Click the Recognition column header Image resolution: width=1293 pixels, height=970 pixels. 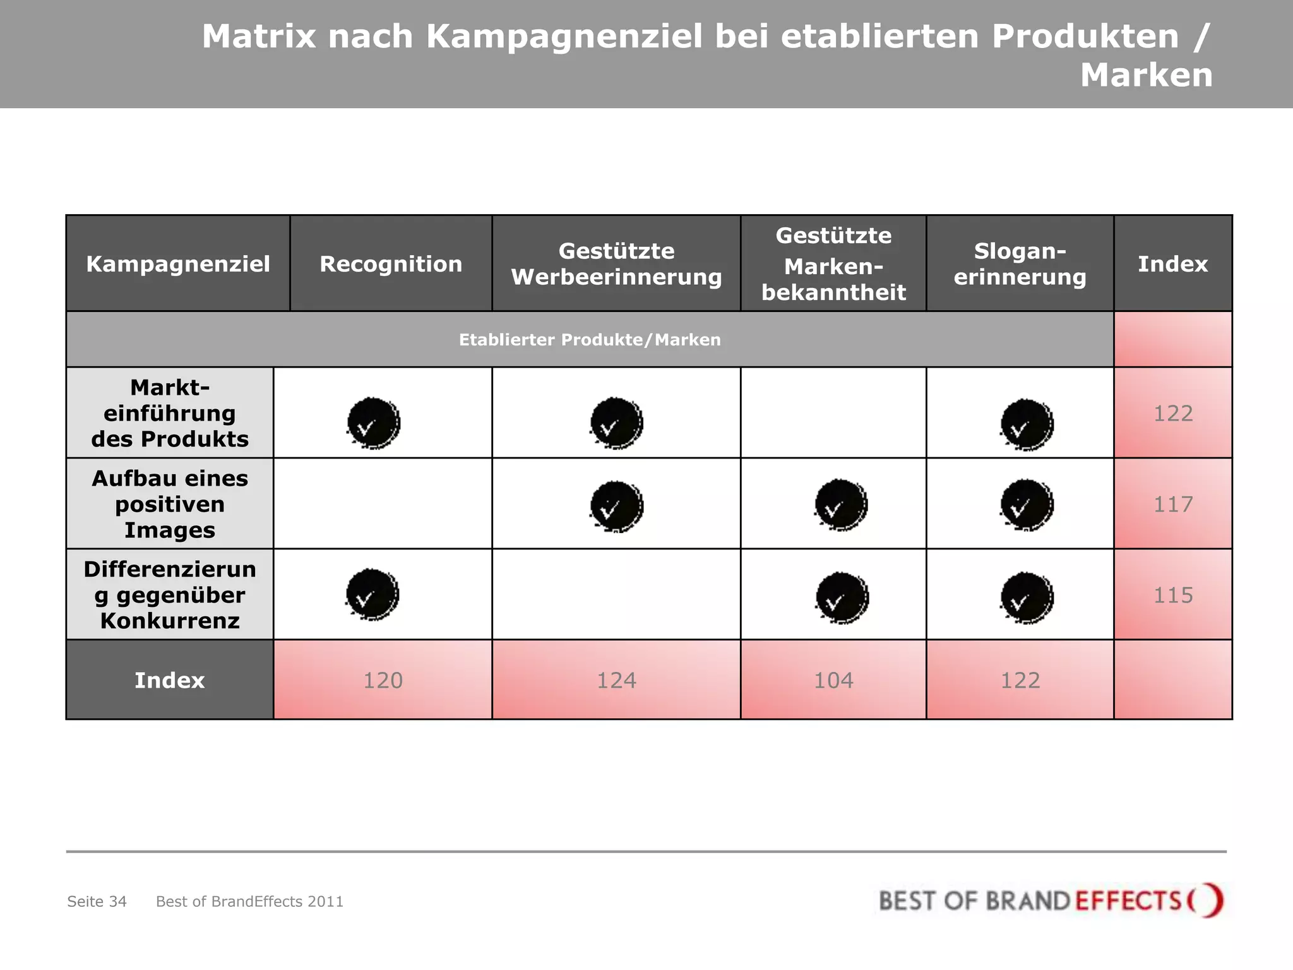pos(391,264)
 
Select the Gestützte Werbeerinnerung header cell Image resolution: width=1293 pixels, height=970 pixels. pos(616,264)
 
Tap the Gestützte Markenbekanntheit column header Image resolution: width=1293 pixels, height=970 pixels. pos(833,264)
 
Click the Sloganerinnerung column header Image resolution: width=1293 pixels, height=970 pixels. pos(1020,264)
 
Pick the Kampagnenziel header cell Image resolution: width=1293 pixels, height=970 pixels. pos(178,264)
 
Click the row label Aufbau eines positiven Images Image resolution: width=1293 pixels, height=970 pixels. pos(170,504)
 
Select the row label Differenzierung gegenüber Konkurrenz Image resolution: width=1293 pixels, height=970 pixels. pos(170,595)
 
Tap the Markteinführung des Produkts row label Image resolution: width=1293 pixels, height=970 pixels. pos(170,413)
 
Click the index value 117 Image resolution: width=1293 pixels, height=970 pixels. pos(1173,504)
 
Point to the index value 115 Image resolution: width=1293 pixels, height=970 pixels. pos(1173,595)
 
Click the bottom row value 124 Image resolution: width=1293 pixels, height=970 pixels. pos(616,680)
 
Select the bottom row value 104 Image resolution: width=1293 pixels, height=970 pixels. pos(833,680)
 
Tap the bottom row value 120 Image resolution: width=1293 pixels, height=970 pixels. pos(383,680)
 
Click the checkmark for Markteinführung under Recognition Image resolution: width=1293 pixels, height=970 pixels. pos(373,423)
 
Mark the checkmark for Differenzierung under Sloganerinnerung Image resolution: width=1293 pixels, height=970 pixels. pos(1027,597)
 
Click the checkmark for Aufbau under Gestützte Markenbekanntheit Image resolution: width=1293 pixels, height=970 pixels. pos(841,505)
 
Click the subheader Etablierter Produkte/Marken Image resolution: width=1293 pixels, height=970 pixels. pos(590,340)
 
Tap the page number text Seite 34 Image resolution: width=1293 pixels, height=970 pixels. pos(97,901)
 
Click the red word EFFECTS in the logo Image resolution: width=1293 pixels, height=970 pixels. pos(1128,901)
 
